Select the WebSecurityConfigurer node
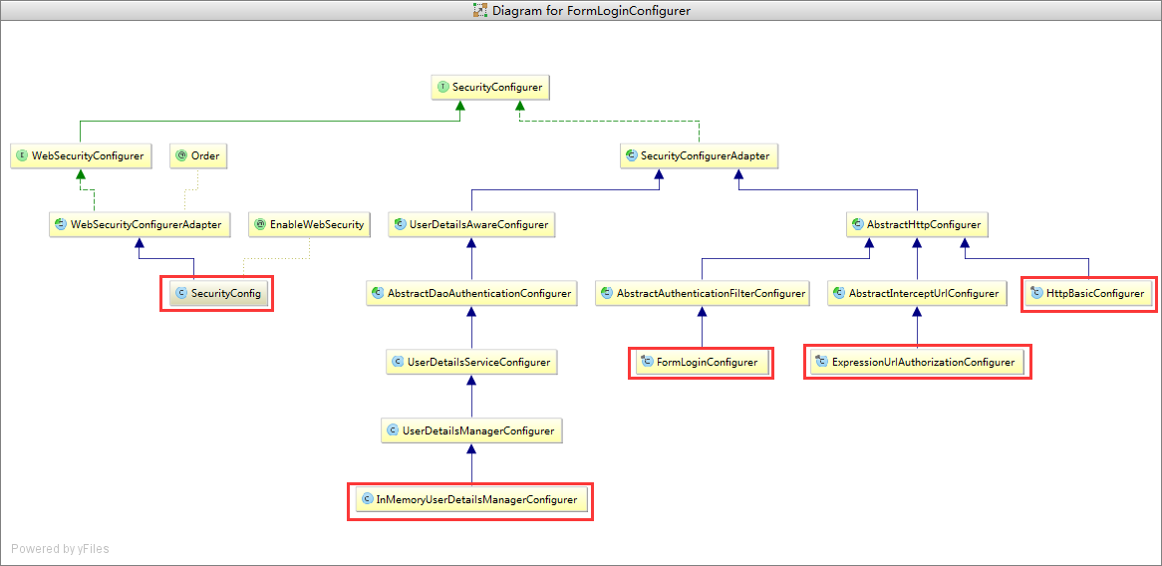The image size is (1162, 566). (81, 155)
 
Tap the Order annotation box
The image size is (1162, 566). (198, 155)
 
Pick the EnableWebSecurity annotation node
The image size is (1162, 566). (309, 224)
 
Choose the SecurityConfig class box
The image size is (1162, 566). (217, 293)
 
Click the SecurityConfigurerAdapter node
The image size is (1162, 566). (700, 155)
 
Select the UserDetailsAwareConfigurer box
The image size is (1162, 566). (472, 224)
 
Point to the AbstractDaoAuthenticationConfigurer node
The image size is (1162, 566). (472, 293)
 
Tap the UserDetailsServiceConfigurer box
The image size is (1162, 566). (472, 363)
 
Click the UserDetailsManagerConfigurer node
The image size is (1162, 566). (471, 430)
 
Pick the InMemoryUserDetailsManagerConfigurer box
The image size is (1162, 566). (470, 499)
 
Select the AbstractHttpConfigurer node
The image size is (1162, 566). (918, 224)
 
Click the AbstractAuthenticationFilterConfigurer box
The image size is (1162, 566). (702, 293)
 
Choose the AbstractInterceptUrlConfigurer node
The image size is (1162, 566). (918, 293)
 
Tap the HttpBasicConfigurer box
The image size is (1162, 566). (1088, 293)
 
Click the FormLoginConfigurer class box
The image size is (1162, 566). (701, 363)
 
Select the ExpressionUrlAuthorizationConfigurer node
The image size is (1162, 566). (918, 363)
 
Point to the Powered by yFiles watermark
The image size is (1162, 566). (60, 549)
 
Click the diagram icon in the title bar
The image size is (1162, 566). (481, 10)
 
